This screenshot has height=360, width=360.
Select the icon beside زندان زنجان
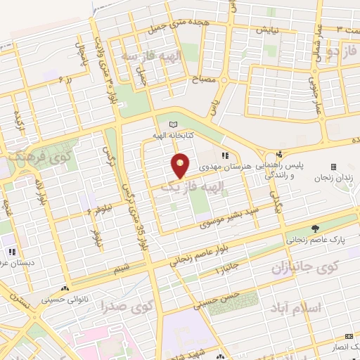pyautogui.click(x=333, y=167)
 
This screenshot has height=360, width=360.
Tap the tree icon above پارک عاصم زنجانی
pyautogui.click(x=315, y=229)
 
